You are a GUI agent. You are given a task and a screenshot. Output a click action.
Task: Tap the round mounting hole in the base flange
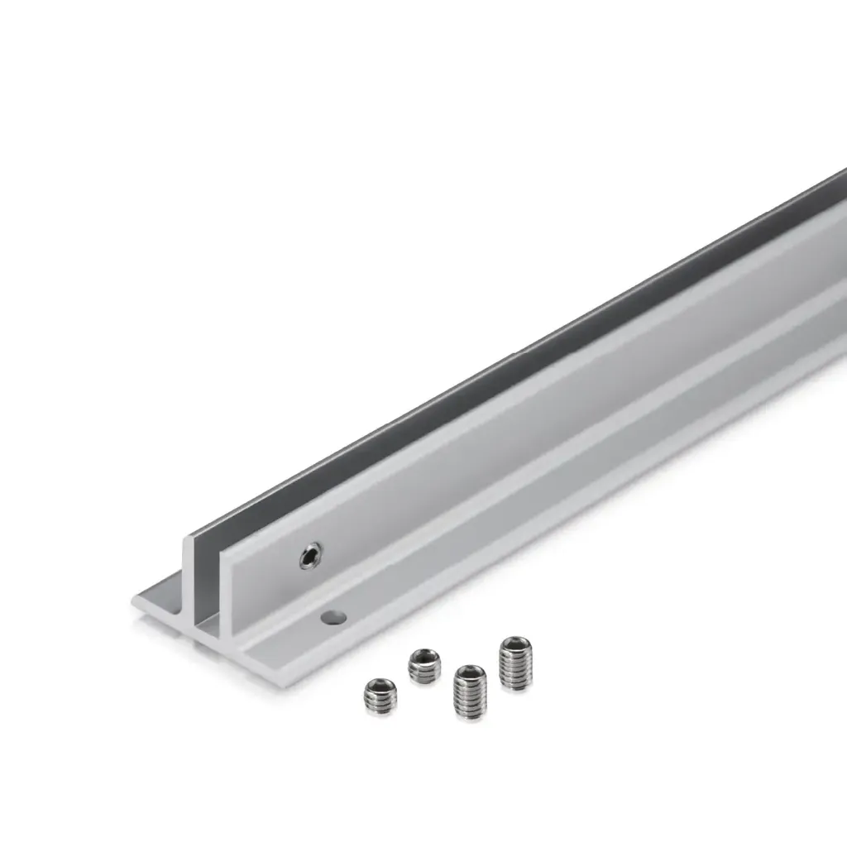pos(333,617)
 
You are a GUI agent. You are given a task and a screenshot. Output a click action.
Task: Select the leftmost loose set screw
pos(380,696)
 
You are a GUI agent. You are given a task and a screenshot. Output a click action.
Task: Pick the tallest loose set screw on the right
pos(515,663)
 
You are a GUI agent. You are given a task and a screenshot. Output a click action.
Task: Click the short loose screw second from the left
pos(424,666)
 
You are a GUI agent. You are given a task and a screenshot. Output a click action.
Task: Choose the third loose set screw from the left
pos(470,691)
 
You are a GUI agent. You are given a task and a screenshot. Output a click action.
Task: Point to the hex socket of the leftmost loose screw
pos(380,687)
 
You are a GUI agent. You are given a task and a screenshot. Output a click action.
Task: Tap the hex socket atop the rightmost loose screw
pos(515,643)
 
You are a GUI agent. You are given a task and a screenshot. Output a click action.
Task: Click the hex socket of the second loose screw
pos(424,657)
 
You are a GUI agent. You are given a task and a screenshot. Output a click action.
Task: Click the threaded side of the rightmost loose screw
pos(515,672)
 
